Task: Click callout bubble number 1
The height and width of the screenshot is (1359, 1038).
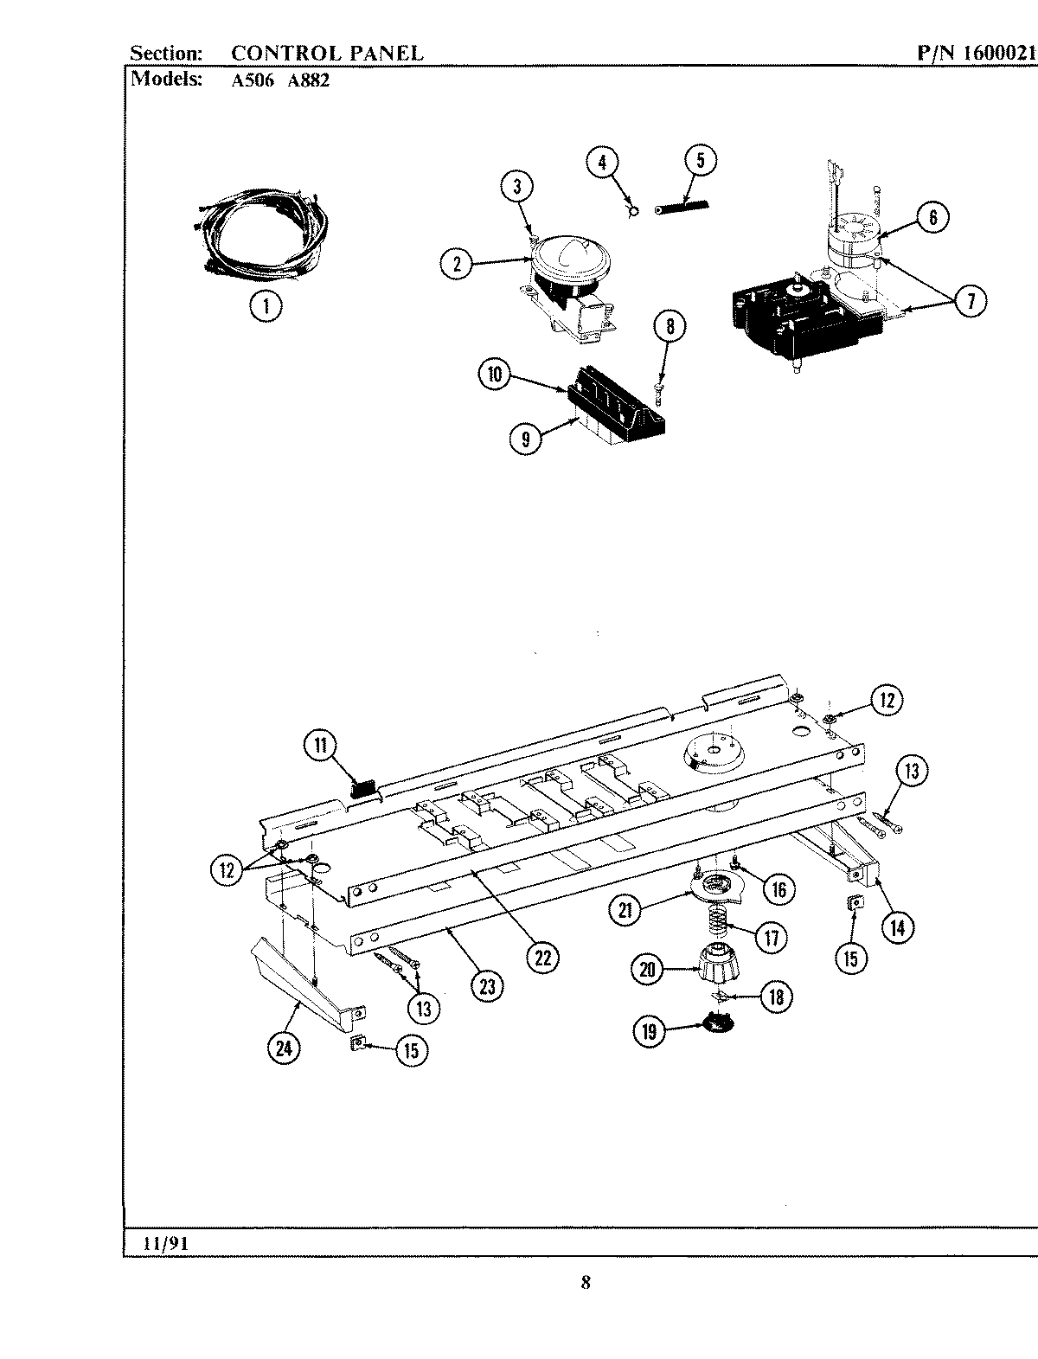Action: [x=266, y=305]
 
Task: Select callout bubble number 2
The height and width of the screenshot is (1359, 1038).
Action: [x=458, y=263]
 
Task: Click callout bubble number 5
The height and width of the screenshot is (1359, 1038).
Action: [x=700, y=161]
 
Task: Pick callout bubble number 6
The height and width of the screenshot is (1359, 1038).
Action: [x=932, y=216]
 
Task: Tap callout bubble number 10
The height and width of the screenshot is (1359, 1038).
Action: [x=495, y=375]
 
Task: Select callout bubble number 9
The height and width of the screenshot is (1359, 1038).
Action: [x=526, y=439]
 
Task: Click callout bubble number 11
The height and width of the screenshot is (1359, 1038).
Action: [x=322, y=746]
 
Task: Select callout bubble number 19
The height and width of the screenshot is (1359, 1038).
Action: [x=650, y=1030]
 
